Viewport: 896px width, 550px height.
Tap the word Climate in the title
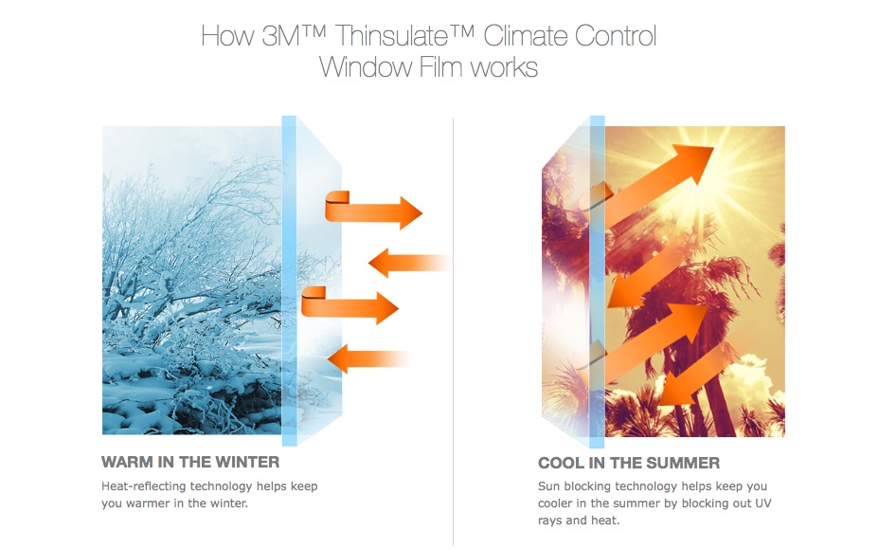[x=524, y=35]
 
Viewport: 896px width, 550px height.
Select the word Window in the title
[x=366, y=67]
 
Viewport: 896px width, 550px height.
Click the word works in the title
[x=504, y=68]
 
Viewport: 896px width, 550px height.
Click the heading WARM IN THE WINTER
[x=190, y=462]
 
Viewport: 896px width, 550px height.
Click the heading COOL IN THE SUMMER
[x=629, y=463]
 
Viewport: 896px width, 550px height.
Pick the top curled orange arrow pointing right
[x=372, y=211]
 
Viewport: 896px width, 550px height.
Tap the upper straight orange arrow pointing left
[x=409, y=263]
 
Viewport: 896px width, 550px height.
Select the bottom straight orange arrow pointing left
[x=368, y=358]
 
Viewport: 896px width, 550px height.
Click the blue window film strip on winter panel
[x=289, y=281]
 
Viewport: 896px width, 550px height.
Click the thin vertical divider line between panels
[x=453, y=332]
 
